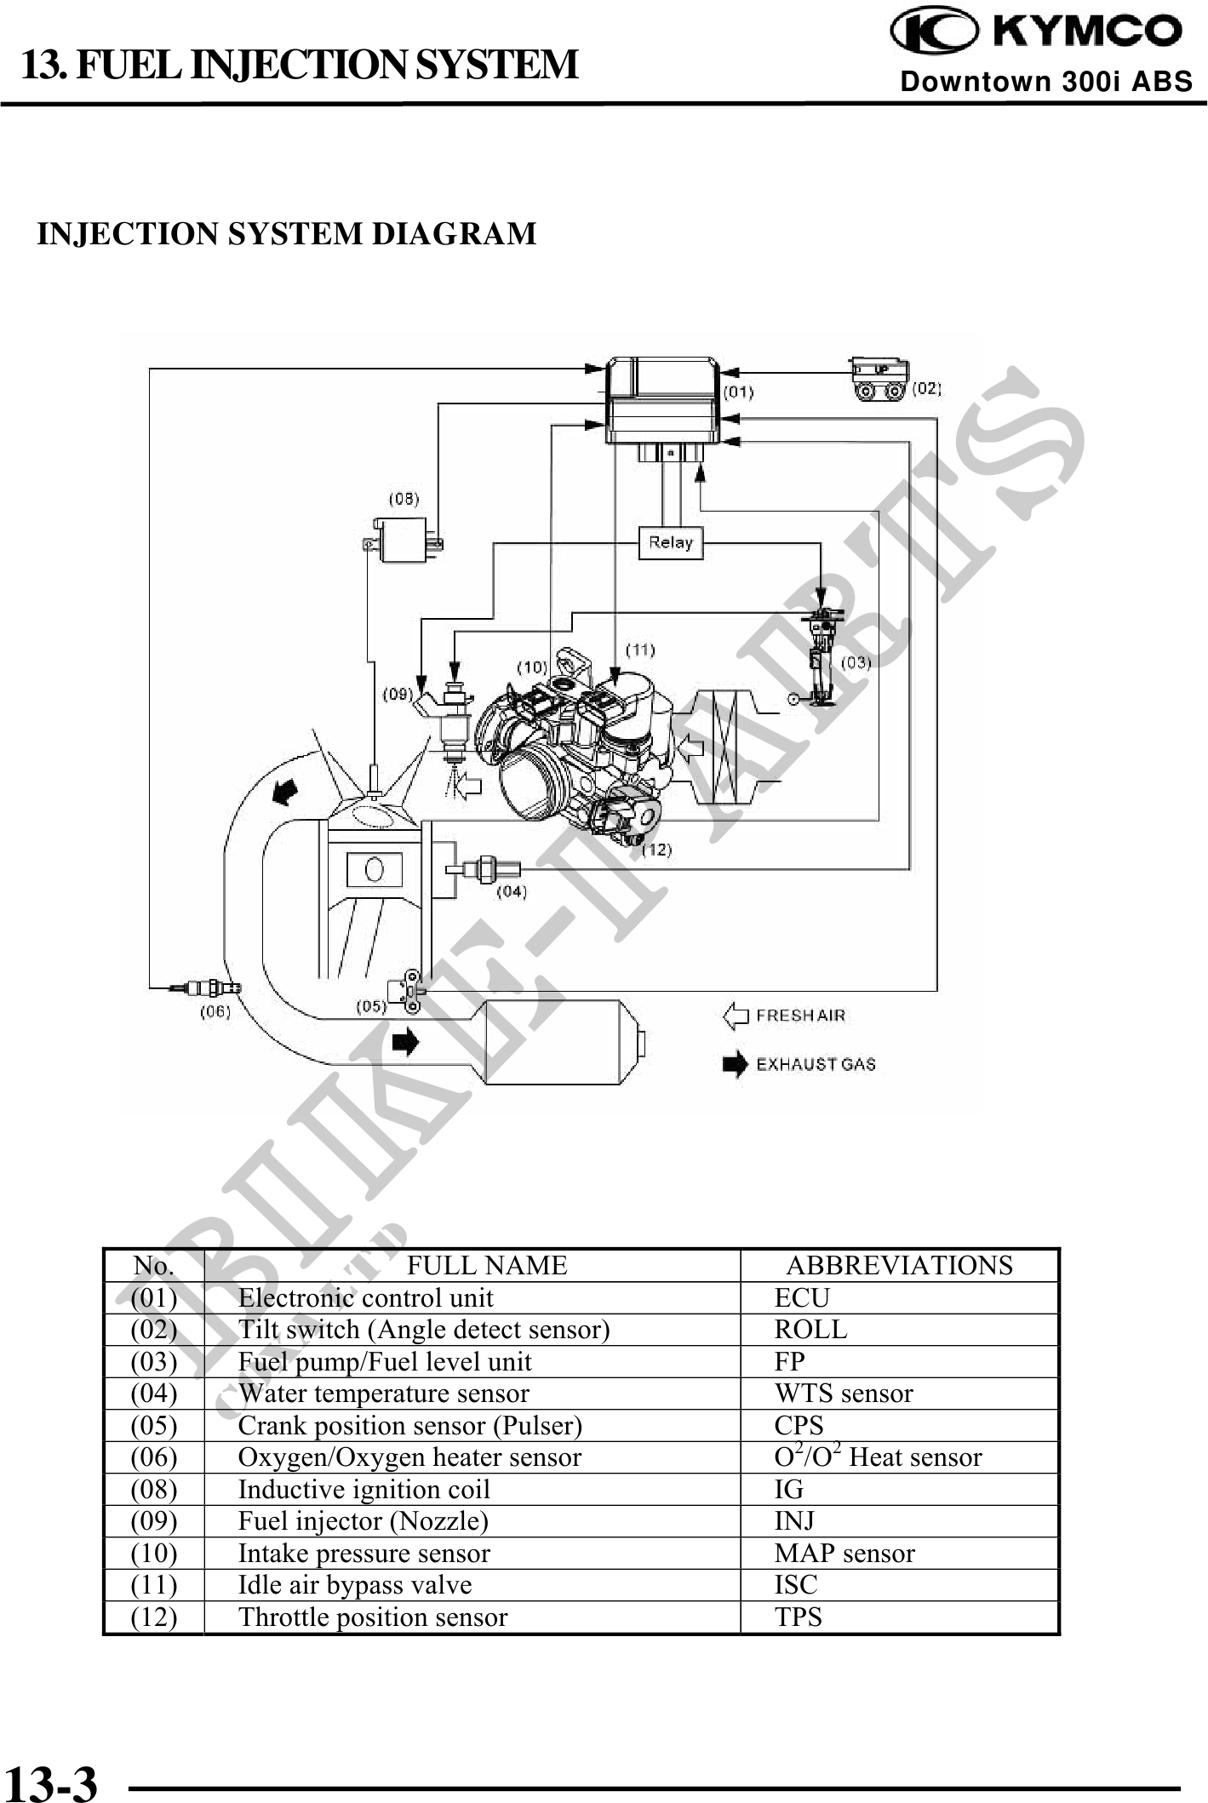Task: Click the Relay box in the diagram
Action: [671, 542]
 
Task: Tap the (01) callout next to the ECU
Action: [738, 392]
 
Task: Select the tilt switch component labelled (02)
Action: [879, 378]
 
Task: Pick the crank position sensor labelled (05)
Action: [404, 991]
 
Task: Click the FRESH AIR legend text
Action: [800, 1016]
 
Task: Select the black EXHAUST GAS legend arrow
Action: [735, 1065]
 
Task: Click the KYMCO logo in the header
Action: [1036, 31]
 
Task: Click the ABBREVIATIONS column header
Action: [899, 1265]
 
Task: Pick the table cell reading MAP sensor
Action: [844, 1554]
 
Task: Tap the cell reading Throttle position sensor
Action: [373, 1617]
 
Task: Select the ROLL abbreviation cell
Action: [810, 1330]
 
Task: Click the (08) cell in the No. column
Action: [153, 1490]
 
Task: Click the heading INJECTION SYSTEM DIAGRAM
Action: [286, 233]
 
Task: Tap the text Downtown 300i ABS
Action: [1046, 82]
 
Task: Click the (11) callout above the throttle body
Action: [640, 650]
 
